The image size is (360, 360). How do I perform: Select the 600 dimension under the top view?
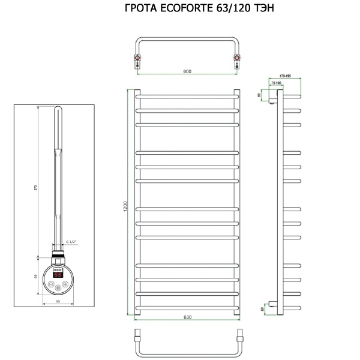tap(187, 71)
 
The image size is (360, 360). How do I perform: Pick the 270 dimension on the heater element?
tap(35, 188)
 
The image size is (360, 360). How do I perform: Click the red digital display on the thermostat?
tap(58, 274)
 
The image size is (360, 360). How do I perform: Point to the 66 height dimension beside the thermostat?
tap(35, 277)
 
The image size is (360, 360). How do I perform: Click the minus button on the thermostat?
tap(52, 285)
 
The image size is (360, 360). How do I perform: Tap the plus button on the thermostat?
tap(65, 285)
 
